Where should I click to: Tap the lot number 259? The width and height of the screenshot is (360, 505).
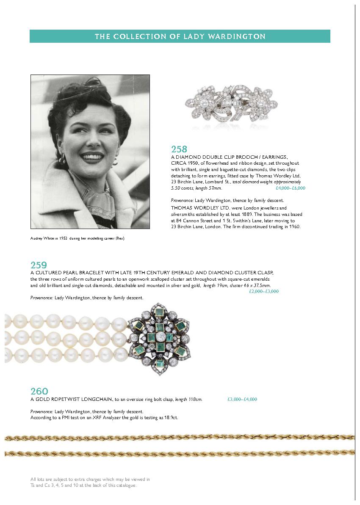(39, 265)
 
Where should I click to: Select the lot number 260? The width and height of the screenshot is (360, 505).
(39, 391)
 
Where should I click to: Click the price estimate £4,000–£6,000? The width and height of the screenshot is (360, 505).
(290, 188)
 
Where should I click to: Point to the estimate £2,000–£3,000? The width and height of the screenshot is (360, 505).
(263, 291)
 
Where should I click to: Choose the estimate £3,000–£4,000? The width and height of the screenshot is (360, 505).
(242, 399)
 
